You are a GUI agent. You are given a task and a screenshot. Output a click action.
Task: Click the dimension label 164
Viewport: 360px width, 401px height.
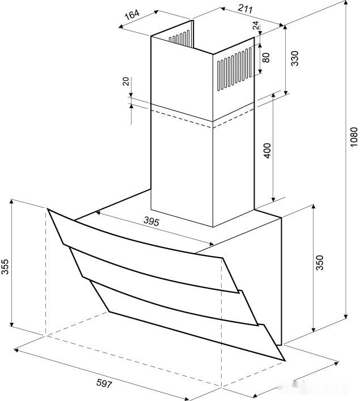(x=132, y=15)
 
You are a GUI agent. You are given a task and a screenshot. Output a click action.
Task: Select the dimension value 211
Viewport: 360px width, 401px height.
(x=245, y=8)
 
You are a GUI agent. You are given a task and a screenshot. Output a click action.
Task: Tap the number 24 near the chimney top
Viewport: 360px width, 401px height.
(x=256, y=25)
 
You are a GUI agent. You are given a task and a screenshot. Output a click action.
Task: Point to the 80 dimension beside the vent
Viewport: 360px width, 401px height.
(x=266, y=58)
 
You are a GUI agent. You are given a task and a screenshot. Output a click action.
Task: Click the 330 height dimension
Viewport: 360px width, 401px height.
(x=295, y=58)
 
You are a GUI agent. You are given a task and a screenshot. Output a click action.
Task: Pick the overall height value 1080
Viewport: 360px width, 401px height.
(x=354, y=137)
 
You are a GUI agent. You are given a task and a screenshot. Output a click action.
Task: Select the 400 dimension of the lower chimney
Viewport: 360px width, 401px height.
(x=267, y=151)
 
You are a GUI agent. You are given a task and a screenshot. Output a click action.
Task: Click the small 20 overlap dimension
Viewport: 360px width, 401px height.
(x=126, y=82)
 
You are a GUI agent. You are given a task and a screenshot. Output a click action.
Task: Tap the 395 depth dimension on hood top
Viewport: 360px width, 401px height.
(x=151, y=221)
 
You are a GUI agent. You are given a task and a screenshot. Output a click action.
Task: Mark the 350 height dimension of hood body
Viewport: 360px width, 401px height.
(x=320, y=262)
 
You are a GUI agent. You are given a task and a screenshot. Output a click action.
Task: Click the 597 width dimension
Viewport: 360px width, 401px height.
(x=104, y=383)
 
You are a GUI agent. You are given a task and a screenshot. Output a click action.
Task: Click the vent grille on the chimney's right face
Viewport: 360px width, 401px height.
(x=234, y=69)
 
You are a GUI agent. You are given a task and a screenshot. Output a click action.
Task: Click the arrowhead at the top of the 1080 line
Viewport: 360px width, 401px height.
(x=346, y=3)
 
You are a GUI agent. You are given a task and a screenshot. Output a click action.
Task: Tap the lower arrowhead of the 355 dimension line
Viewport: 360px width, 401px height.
(x=11, y=323)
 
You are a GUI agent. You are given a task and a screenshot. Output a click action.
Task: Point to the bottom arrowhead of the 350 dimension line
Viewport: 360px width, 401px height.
(x=314, y=329)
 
